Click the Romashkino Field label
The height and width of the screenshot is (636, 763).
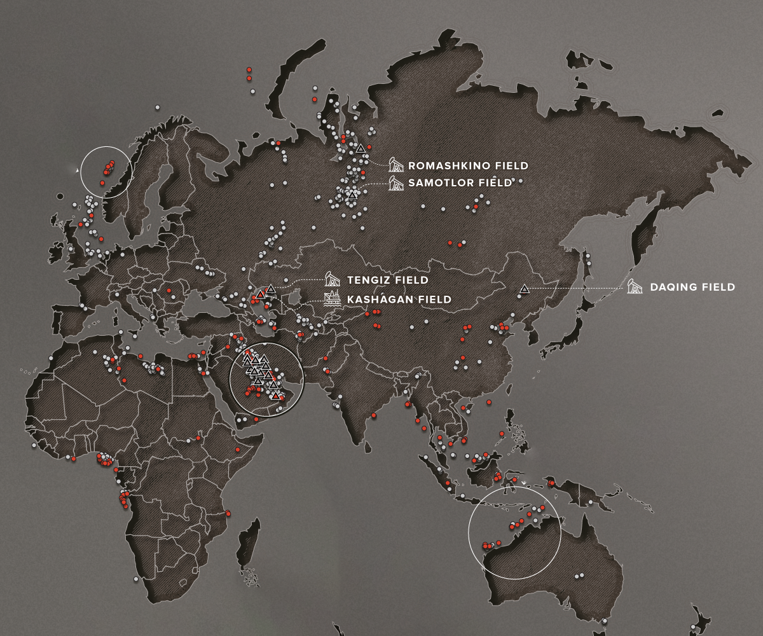468,166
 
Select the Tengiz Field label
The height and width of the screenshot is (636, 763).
387,280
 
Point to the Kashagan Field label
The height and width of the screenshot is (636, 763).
399,299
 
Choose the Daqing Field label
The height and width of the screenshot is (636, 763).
692,287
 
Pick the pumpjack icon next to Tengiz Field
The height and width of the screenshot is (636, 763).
332,279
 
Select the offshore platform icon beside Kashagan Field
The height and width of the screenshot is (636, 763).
332,298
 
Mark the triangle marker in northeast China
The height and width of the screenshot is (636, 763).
524,289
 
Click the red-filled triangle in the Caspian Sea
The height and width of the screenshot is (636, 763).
260,294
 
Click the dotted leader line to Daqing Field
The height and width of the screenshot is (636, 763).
575,288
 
